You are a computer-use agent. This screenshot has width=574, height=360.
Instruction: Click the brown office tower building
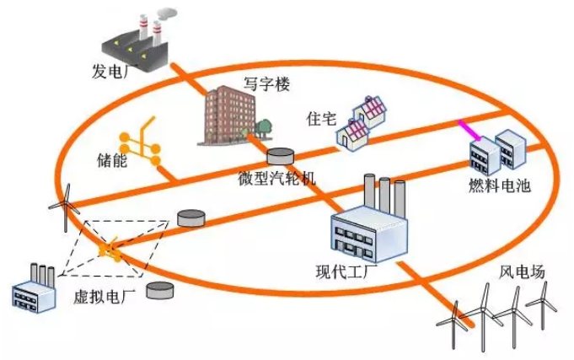[226, 118]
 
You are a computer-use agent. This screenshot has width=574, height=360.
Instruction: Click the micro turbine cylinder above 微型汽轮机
[281, 157]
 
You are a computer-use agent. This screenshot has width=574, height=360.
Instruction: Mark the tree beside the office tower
[265, 127]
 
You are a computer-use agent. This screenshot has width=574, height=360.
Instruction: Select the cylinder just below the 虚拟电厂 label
[160, 291]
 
